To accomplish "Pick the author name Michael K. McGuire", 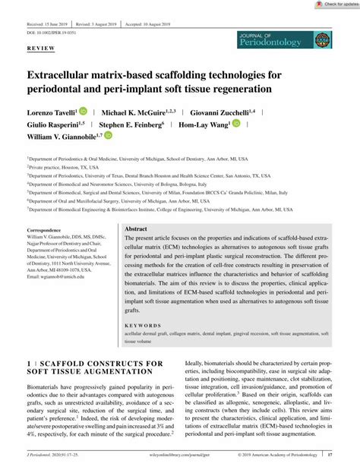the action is [141, 112].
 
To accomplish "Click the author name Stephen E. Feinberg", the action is [141, 126].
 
